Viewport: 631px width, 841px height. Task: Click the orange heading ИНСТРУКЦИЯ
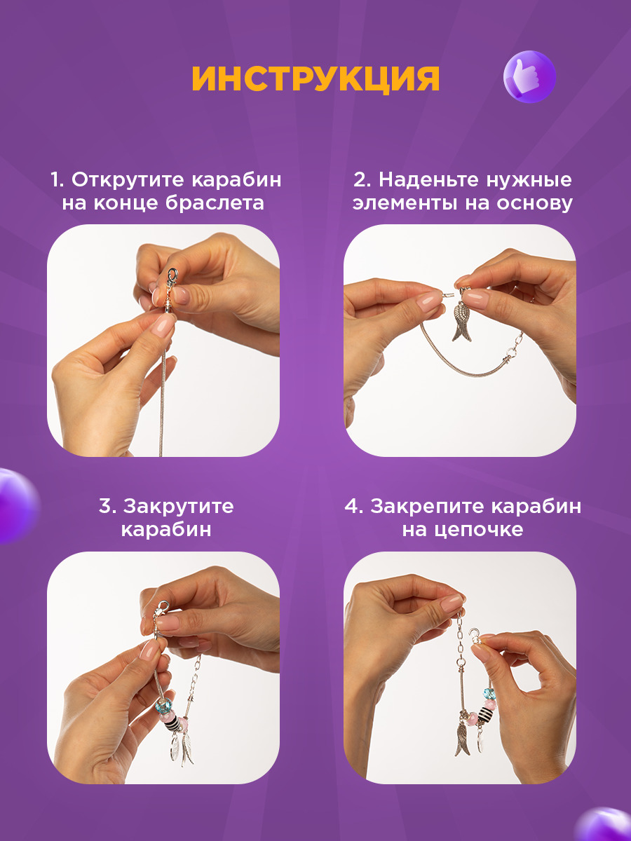[315, 78]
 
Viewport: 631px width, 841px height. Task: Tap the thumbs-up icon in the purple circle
[529, 76]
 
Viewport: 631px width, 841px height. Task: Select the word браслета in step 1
[215, 203]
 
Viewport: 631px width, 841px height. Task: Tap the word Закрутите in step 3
[178, 506]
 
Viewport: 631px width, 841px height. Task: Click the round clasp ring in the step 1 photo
[172, 273]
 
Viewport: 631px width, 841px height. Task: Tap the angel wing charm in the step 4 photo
[463, 738]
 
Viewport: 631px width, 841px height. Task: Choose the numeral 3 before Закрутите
[105, 506]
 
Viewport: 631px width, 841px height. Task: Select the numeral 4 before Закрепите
[351, 506]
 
